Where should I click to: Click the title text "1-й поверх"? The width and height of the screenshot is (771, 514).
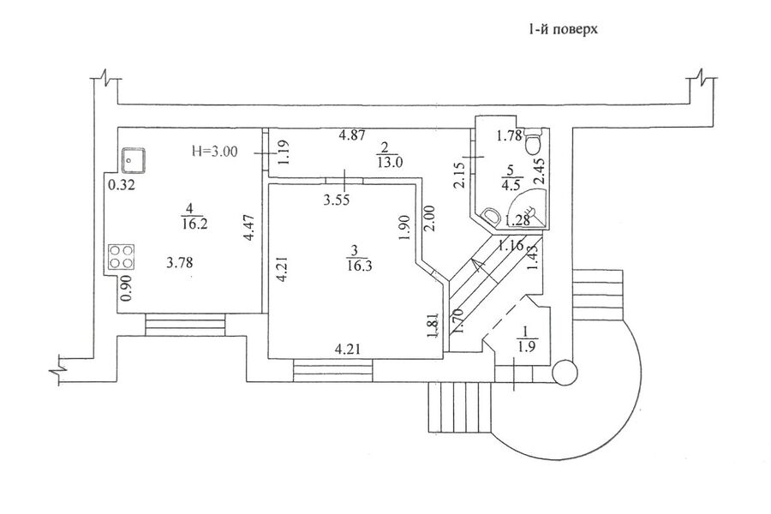pos(563,29)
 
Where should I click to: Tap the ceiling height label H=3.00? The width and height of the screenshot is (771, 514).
pos(214,152)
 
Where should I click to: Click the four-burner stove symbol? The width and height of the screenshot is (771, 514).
pos(122,257)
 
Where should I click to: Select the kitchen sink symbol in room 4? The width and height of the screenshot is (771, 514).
pos(134,160)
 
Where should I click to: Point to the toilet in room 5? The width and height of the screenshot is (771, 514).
pos(534,141)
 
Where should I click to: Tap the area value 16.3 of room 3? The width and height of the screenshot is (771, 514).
pos(359,266)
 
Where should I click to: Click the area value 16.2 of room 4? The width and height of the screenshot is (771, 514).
pos(194,224)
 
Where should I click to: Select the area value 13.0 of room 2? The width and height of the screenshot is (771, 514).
pos(391,162)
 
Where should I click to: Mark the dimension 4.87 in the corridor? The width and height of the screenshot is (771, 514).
pos(352,134)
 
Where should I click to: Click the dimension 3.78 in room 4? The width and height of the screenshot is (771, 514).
pos(180,263)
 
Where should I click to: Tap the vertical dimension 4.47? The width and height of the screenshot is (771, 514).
pos(249,228)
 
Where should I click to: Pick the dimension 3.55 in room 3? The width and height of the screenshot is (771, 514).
pos(337,200)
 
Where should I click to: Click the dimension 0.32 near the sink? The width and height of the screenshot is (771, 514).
pos(122,186)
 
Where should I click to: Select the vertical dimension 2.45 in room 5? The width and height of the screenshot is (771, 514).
pos(540,171)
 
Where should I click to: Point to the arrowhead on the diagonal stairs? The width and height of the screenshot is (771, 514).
pos(476,265)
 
